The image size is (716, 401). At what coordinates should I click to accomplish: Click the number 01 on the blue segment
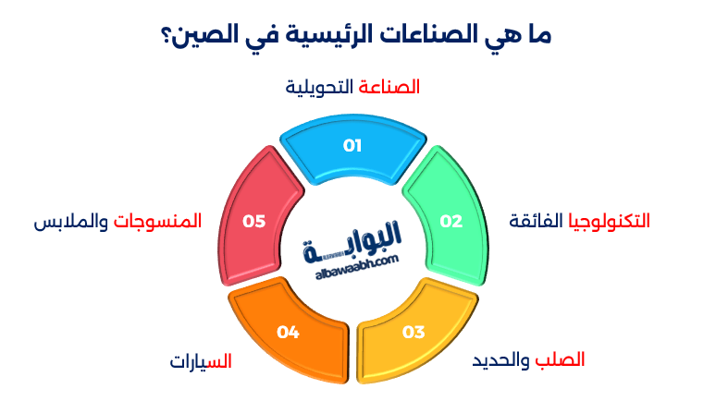click(352, 145)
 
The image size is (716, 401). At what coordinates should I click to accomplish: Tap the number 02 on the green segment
click(451, 221)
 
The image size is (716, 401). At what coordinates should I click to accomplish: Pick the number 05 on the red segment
click(253, 221)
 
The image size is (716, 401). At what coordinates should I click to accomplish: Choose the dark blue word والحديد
click(500, 358)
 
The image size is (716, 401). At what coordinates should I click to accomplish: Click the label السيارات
click(200, 359)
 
